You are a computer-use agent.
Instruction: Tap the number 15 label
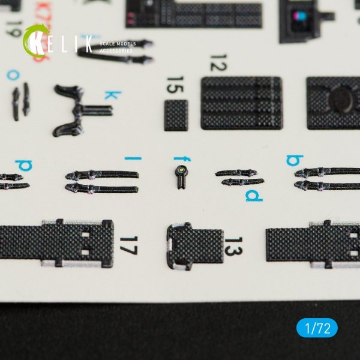[x=175, y=88]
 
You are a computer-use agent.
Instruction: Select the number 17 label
[x=125, y=245]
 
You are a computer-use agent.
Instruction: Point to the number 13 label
[x=234, y=245]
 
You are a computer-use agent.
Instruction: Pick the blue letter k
[x=110, y=95]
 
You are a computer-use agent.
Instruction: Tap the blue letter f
[x=179, y=158]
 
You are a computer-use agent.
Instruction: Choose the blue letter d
[x=253, y=196]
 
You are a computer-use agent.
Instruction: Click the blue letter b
[x=294, y=160]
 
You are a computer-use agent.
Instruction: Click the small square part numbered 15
[x=176, y=115]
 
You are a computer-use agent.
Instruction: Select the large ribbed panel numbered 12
[x=242, y=103]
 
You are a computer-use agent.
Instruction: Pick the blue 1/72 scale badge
[x=317, y=329]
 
